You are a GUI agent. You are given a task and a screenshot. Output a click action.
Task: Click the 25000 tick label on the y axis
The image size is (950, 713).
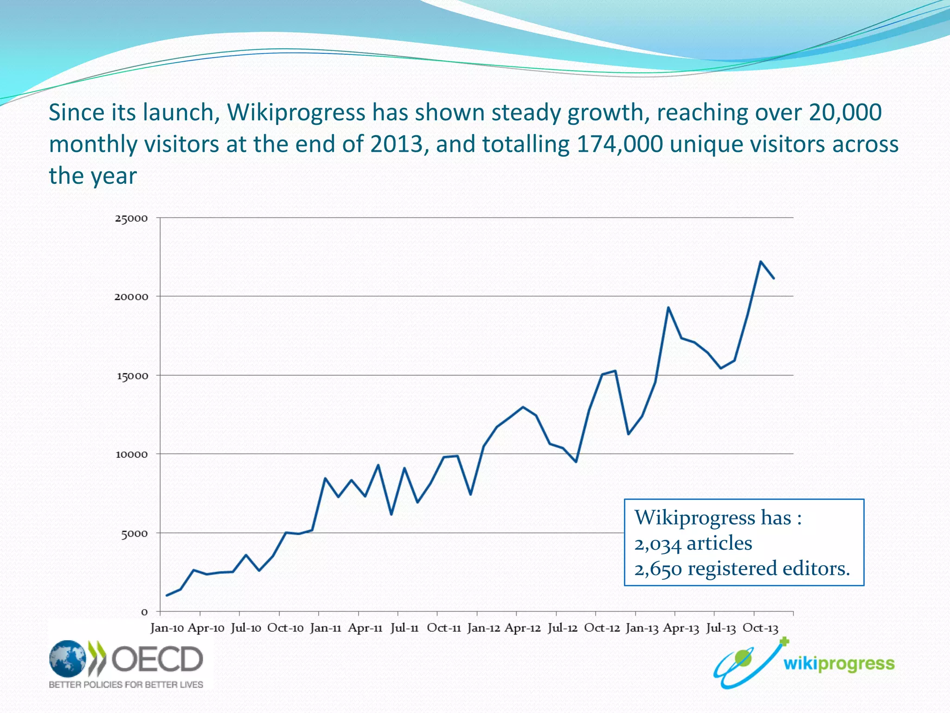131,218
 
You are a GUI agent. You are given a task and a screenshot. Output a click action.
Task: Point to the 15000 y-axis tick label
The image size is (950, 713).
132,376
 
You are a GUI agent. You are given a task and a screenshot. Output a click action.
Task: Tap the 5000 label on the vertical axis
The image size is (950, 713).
135,534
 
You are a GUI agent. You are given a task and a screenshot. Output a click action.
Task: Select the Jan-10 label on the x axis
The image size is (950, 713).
167,628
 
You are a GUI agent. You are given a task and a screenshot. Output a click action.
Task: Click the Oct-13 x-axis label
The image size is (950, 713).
760,628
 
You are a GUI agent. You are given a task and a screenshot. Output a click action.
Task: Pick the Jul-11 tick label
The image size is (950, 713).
404,628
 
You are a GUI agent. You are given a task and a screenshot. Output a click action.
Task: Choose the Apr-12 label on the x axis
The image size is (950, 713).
522,628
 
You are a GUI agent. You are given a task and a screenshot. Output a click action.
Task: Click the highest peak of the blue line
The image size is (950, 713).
760,262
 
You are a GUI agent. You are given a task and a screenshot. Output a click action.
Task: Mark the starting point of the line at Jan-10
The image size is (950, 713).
167,595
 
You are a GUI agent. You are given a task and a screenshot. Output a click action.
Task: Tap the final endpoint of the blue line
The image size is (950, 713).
773,278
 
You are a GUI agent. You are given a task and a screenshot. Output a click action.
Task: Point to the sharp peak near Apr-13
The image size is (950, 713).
668,307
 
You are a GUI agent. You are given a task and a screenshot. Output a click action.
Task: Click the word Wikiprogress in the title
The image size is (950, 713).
296,113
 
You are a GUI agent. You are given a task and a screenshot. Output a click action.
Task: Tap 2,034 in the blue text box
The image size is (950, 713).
657,544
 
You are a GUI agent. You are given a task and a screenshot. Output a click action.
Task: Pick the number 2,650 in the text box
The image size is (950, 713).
658,569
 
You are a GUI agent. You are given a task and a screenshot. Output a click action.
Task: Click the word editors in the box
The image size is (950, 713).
816,569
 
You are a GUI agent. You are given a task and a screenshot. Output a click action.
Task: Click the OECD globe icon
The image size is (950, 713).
67,659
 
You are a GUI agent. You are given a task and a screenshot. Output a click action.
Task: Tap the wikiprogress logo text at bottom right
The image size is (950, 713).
839,664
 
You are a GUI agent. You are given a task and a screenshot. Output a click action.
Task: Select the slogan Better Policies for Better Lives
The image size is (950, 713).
126,685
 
